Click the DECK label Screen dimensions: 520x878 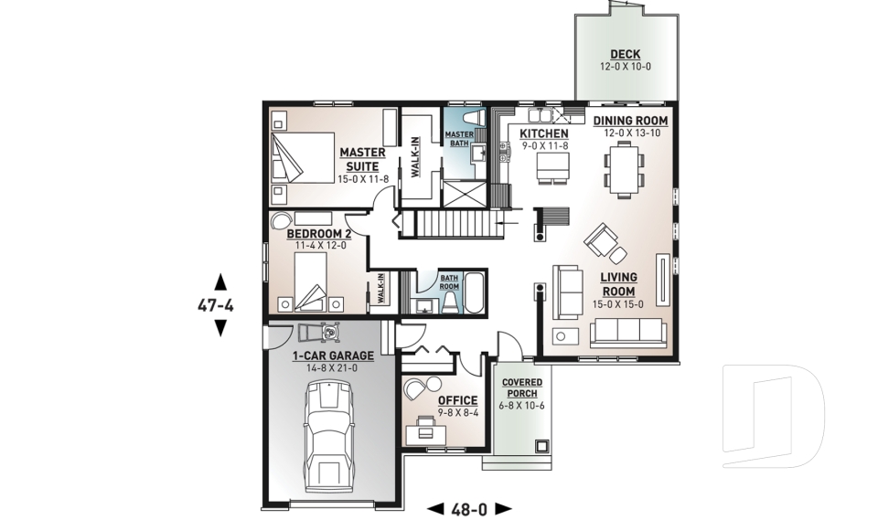[x=626, y=54]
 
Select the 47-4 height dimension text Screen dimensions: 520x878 [x=216, y=305]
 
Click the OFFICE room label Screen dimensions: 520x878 [x=457, y=400]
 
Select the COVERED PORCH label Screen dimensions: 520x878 [x=522, y=387]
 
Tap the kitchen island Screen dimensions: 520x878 [x=553, y=165]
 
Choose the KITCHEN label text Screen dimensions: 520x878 [x=544, y=133]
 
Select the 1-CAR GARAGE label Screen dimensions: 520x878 [x=333, y=356]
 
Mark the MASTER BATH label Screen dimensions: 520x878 [x=459, y=138]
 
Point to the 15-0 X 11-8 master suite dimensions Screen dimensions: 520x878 [x=363, y=179]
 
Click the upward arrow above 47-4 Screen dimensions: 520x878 [x=219, y=281]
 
